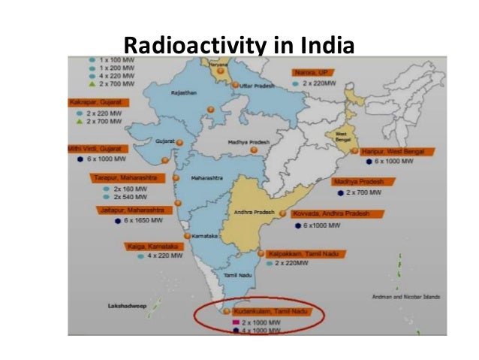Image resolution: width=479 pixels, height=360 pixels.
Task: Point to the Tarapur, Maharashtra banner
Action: pos(128,177)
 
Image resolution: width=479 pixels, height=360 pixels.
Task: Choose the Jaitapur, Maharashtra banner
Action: pos(131,210)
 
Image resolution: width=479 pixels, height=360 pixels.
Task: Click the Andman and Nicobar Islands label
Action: pos(405,296)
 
